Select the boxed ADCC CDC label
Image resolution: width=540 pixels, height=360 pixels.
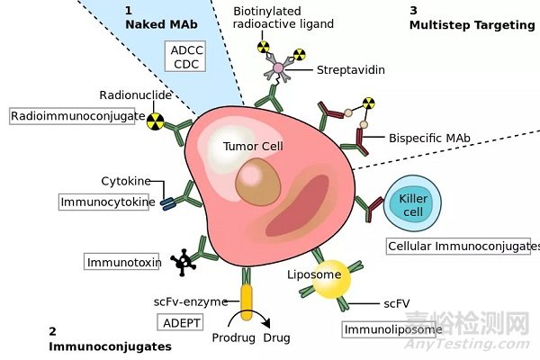tap(187, 57)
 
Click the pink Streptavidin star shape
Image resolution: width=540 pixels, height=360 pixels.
tap(278, 68)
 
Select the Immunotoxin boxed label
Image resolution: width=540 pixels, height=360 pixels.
tap(122, 262)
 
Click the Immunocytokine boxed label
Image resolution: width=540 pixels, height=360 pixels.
tap(102, 202)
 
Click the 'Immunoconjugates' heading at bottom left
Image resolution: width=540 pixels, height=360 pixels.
tap(110, 345)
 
